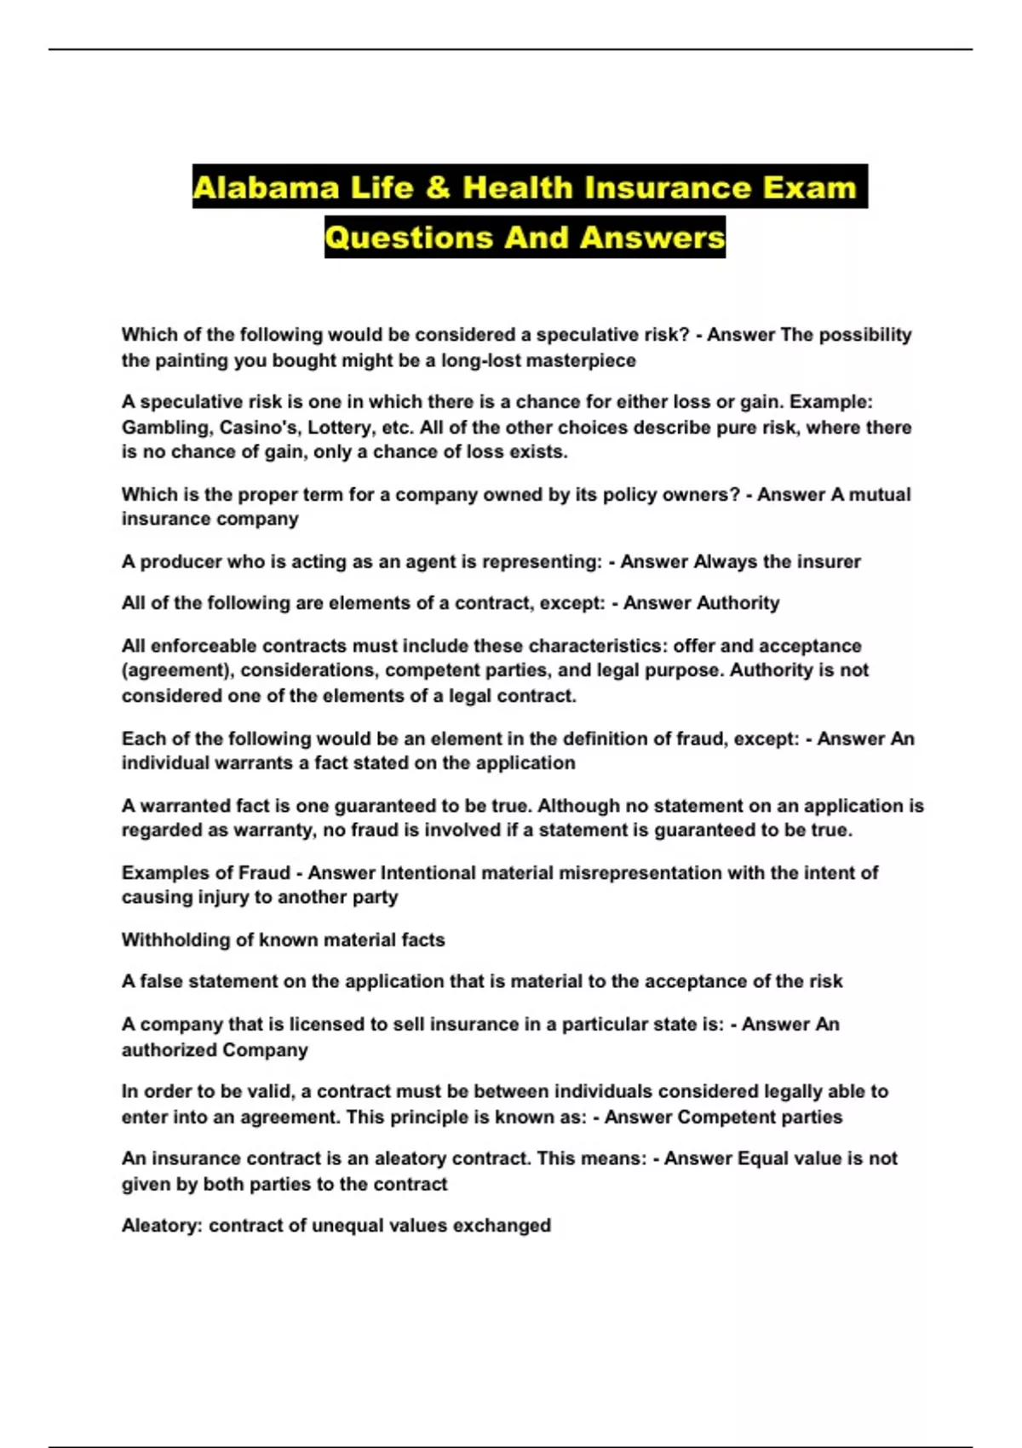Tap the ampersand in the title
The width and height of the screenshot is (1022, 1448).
click(438, 187)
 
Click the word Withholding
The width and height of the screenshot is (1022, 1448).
click(175, 940)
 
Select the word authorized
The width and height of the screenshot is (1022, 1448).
click(160, 1050)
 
